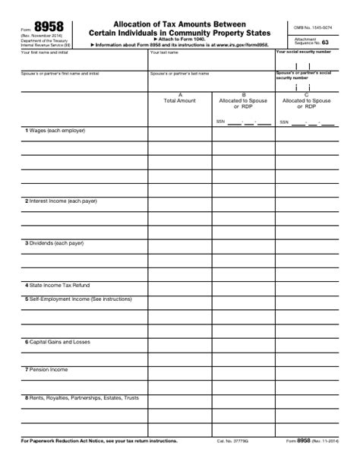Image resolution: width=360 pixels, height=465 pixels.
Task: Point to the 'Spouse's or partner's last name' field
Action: point(210,81)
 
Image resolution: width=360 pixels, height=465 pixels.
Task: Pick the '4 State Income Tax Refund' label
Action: point(57,285)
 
